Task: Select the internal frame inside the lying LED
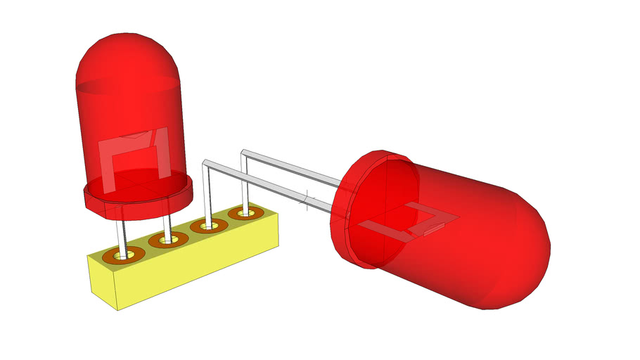408,221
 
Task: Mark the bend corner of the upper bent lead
243,151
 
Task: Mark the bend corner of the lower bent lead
205,163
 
